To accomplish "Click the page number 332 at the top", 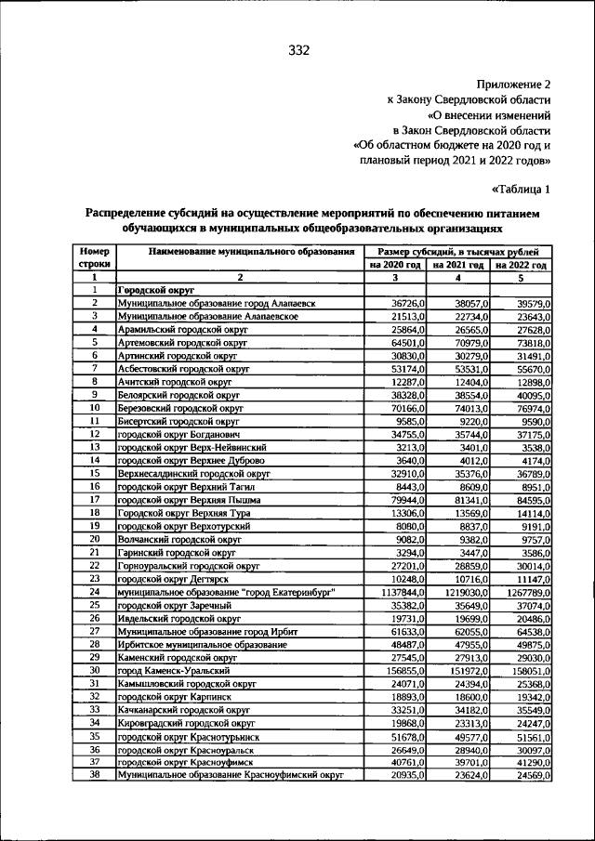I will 297,49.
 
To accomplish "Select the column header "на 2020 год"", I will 394,265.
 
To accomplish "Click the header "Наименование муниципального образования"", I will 239,252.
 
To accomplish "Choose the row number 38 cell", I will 94,774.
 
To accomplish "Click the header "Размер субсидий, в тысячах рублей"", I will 457,252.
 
